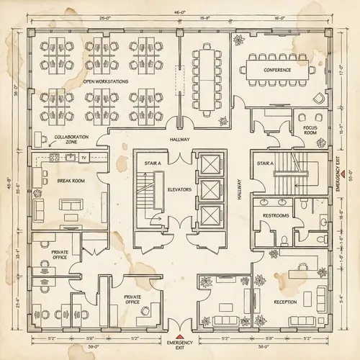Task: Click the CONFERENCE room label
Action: [277, 70]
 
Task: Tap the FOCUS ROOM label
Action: [310, 130]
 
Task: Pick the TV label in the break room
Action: [84, 156]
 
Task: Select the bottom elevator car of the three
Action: [210, 215]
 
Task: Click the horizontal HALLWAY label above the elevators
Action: [179, 139]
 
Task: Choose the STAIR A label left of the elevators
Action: [151, 163]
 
